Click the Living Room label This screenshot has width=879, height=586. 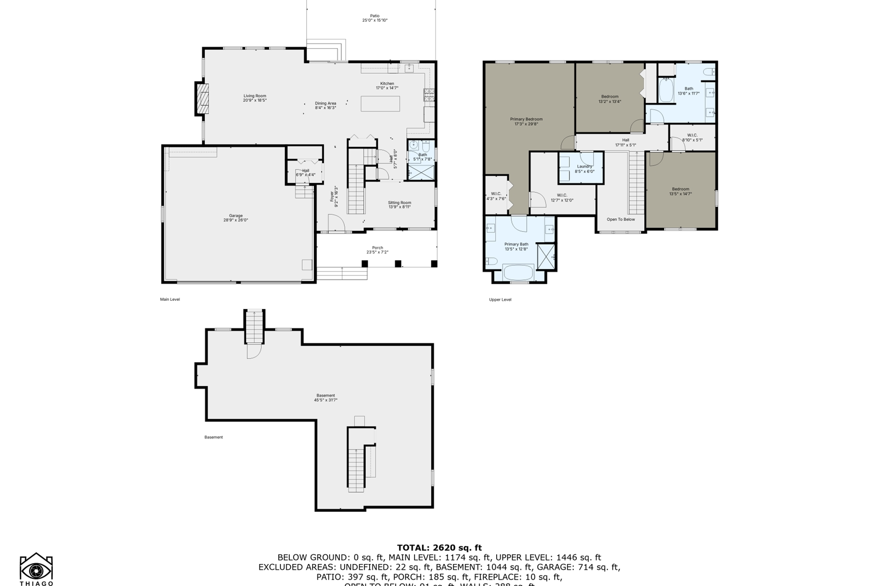[x=255, y=96]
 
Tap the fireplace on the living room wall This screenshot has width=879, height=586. [x=202, y=99]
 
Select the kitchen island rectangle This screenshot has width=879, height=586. [x=380, y=104]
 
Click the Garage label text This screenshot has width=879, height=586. [x=236, y=216]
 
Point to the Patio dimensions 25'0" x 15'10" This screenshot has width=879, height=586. [x=375, y=21]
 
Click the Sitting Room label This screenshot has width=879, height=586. [x=399, y=203]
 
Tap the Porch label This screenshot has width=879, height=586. [x=377, y=248]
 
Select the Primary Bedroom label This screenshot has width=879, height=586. [x=526, y=119]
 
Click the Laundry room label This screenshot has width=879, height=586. [x=584, y=167]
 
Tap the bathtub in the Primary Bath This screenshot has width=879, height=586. [x=518, y=272]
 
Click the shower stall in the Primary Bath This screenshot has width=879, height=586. [x=546, y=256]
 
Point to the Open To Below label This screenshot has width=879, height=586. [x=621, y=219]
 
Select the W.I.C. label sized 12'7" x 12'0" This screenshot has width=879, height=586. [x=562, y=195]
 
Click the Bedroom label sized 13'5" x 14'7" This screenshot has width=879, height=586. [x=680, y=189]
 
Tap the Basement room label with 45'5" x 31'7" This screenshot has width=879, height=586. [x=326, y=396]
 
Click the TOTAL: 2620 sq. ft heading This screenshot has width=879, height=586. [x=439, y=547]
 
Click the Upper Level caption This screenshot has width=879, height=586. [x=500, y=299]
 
